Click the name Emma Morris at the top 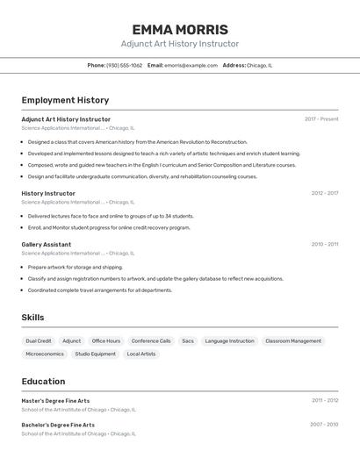(179, 30)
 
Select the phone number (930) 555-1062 (124, 65)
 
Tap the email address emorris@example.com (191, 65)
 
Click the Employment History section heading (65, 100)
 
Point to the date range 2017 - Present (321, 119)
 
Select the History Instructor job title (48, 193)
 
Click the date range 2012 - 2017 (324, 193)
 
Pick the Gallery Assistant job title (47, 244)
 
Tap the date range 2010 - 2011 (324, 244)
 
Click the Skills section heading (33, 317)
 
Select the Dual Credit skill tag (39, 340)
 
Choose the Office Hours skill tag (106, 340)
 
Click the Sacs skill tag (188, 340)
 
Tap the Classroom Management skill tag (293, 340)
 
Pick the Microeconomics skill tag (45, 354)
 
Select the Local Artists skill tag (141, 354)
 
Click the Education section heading (43, 381)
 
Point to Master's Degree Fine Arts (55, 401)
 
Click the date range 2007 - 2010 (324, 425)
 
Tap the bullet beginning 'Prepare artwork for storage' (76, 267)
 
